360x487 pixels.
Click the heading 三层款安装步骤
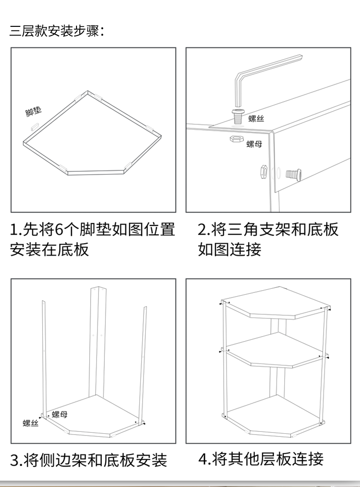57,31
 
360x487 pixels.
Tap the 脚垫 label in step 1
33,112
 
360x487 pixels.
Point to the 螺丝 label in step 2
256,119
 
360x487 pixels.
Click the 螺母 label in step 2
254,144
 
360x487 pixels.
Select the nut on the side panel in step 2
263,172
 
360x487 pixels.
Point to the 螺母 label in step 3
60,415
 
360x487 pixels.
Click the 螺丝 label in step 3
31,424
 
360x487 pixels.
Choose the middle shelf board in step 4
276,349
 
